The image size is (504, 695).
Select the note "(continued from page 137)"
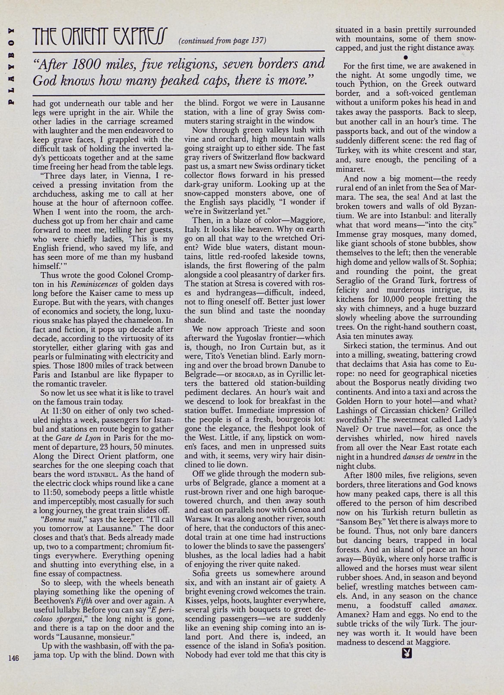222,40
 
